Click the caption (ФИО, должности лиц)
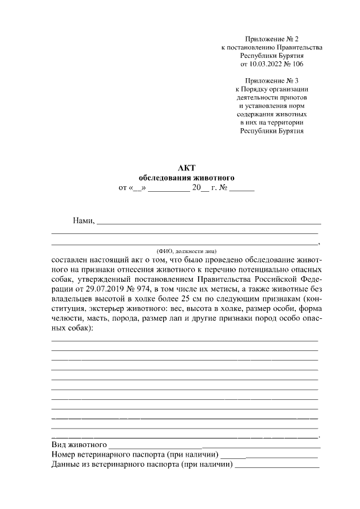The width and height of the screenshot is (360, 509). click(186, 251)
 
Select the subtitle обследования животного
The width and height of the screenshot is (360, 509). click(186, 178)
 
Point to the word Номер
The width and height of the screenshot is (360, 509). click(64, 454)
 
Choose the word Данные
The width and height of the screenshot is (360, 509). click(65, 465)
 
